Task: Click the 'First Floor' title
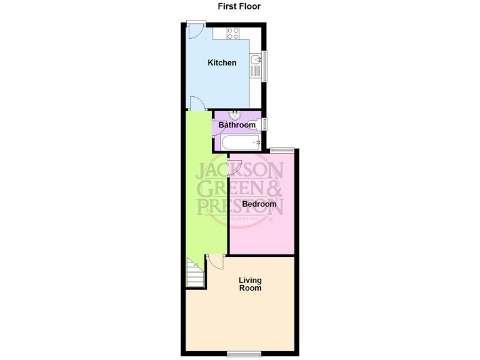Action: (239, 7)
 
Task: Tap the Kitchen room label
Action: (222, 62)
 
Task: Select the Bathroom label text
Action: (237, 125)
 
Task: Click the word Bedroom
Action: (259, 204)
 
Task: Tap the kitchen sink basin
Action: (256, 61)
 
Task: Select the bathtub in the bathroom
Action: (241, 143)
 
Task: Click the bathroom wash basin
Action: (235, 115)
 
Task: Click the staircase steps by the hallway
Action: (195, 273)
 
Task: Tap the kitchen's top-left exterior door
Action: (195, 31)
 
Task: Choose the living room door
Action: (216, 262)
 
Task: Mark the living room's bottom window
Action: (244, 354)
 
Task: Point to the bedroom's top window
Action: (282, 149)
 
